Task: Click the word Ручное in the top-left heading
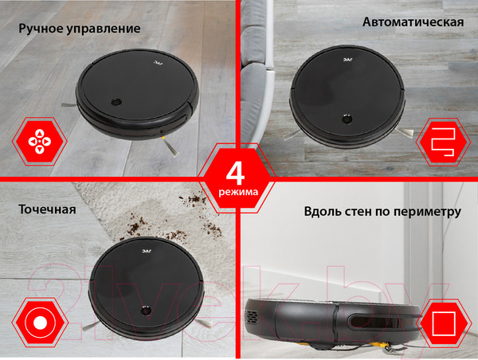tap(41, 29)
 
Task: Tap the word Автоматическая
tap(413, 22)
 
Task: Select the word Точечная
tap(47, 209)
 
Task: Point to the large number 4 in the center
tap(236, 174)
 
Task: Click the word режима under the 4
tap(238, 193)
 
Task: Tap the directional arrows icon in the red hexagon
tap(40, 142)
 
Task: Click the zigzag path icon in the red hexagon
tap(443, 142)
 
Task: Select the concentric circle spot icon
tap(41, 323)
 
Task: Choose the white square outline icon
tap(444, 323)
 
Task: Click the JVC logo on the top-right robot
tap(347, 60)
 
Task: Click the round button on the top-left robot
tap(116, 102)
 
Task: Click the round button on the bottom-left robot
tap(146, 311)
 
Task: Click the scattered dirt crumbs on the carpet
tap(174, 220)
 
